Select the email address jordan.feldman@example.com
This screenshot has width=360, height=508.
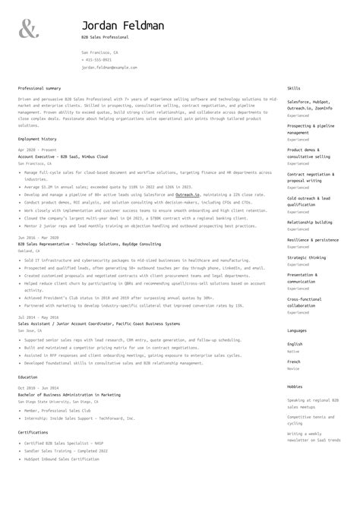pyautogui.click(x=109, y=68)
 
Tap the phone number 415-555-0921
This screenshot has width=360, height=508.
pyautogui.click(x=96, y=59)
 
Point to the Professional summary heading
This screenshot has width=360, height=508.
pyautogui.click(x=39, y=89)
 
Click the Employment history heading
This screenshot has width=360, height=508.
pyautogui.click(x=37, y=139)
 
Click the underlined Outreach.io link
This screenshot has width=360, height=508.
pyautogui.click(x=187, y=194)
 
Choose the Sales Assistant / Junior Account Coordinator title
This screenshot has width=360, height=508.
pyautogui.click(x=99, y=323)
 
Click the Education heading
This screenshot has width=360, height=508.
pyautogui.click(x=27, y=377)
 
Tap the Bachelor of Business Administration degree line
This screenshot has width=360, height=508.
pyautogui.click(x=69, y=394)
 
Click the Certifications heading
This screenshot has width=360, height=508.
pyautogui.click(x=33, y=432)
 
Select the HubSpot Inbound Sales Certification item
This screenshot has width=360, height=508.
pyautogui.click(x=62, y=459)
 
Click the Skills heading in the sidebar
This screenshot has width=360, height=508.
pyautogui.click(x=294, y=89)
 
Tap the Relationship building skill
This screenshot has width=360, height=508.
pyautogui.click(x=309, y=222)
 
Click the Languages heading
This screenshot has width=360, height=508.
pyautogui.click(x=297, y=331)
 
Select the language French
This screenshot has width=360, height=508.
pyautogui.click(x=295, y=361)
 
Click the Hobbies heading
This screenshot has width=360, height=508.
pyautogui.click(x=295, y=387)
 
